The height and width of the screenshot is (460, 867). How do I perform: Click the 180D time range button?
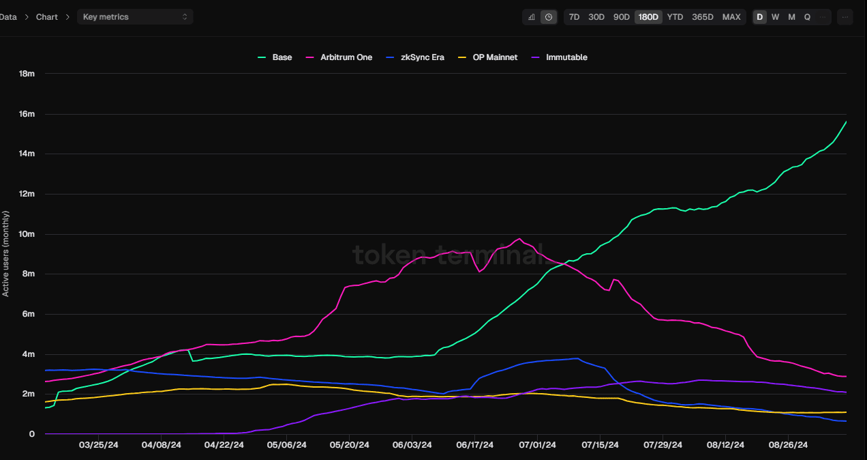pyautogui.click(x=648, y=17)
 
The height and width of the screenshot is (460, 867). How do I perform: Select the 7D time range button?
pyautogui.click(x=574, y=17)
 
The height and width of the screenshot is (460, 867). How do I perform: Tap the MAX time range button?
pyautogui.click(x=731, y=17)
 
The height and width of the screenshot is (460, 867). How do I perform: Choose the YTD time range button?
pyautogui.click(x=675, y=17)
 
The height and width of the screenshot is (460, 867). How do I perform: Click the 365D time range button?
pyautogui.click(x=703, y=17)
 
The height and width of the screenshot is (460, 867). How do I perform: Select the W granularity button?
pyautogui.click(x=775, y=17)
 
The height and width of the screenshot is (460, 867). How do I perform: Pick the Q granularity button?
pyautogui.click(x=807, y=17)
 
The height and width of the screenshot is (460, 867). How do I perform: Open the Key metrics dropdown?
pyautogui.click(x=135, y=16)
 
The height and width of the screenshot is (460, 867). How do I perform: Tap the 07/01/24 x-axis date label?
pyautogui.click(x=537, y=445)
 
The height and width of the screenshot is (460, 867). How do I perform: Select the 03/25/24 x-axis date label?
pyautogui.click(x=99, y=445)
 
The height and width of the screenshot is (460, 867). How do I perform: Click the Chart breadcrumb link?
pyautogui.click(x=47, y=16)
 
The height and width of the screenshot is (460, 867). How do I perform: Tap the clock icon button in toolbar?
pyautogui.click(x=549, y=17)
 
